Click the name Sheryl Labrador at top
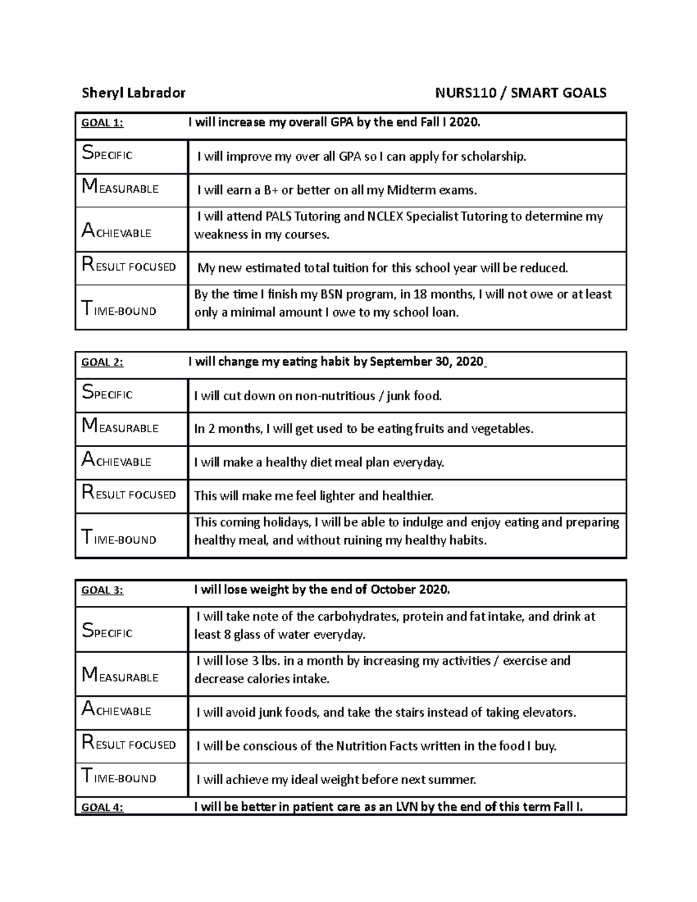134,93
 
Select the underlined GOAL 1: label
102,123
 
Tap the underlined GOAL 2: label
102,362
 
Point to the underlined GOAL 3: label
102,590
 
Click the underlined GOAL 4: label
102,807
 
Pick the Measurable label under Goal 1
120,188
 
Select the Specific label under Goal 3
107,631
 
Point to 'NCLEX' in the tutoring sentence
385,217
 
